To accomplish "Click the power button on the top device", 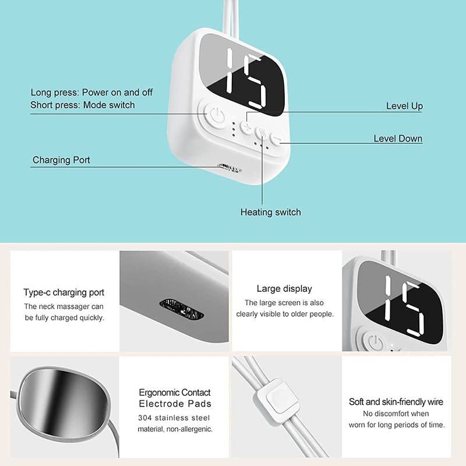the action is point(216,115).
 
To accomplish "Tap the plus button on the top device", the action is point(246,127).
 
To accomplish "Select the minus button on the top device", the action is point(276,139).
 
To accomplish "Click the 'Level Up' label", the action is point(404,106).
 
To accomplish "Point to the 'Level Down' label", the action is point(398,139).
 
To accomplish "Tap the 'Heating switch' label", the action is point(270,212).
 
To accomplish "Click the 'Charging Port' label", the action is point(61,160).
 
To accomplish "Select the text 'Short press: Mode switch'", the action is point(83,105).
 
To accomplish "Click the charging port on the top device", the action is point(229,169).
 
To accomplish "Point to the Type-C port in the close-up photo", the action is point(181,309).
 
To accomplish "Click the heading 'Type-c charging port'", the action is point(64,292).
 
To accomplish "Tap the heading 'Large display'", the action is point(284,288).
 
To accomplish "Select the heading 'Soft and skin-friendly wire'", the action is point(396,402).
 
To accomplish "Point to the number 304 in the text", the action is point(144,418).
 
